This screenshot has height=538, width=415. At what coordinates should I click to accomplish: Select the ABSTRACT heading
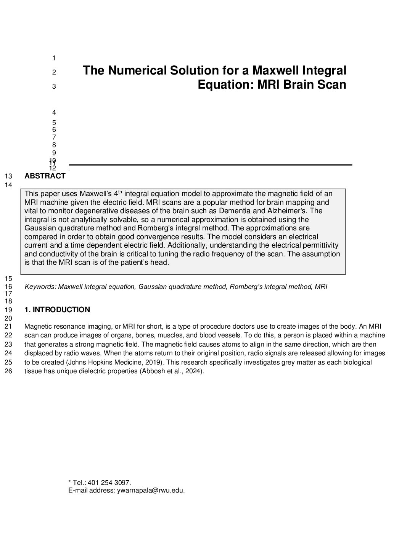(x=45, y=176)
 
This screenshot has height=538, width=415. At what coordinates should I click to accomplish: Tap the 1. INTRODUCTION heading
(x=57, y=310)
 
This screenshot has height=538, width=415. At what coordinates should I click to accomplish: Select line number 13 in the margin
(x=8, y=177)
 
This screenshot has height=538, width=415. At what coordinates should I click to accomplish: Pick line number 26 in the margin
(x=8, y=371)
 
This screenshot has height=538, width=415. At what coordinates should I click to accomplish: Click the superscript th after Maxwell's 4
(x=121, y=192)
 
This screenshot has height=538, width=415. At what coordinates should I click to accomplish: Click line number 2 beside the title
(x=54, y=72)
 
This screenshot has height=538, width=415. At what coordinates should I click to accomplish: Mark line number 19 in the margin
(x=8, y=310)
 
